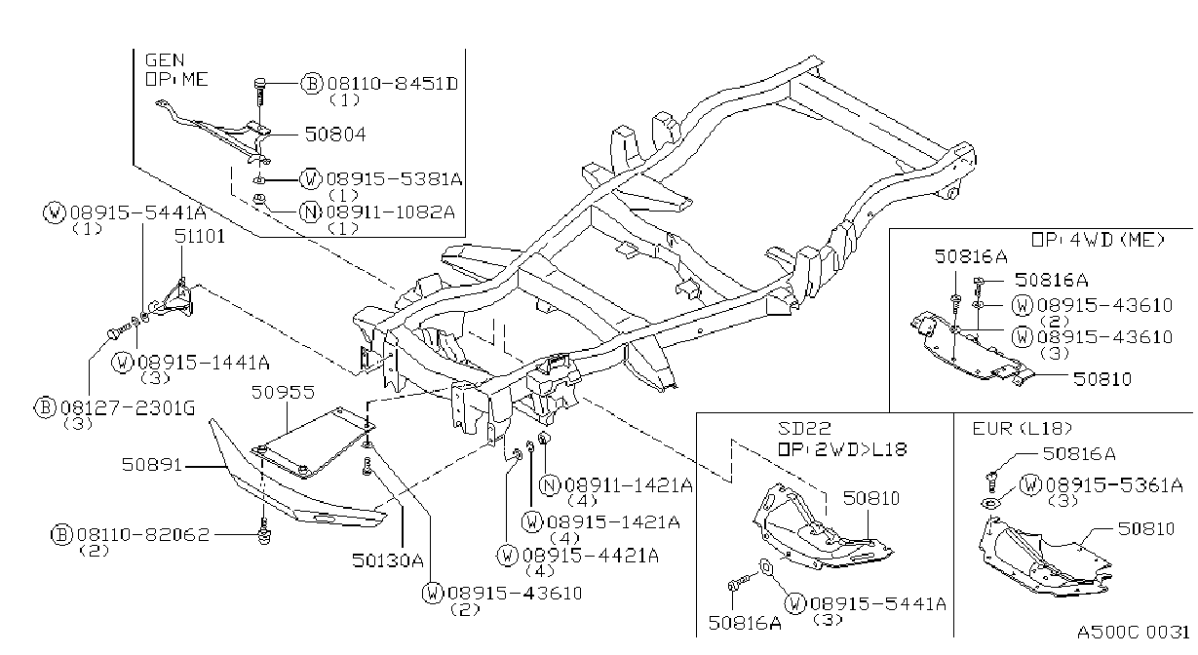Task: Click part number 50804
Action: pyautogui.click(x=335, y=135)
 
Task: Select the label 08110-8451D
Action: pyautogui.click(x=393, y=84)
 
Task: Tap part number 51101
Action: pyautogui.click(x=200, y=236)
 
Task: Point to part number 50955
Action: pyautogui.click(x=283, y=393)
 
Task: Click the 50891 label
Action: pyautogui.click(x=152, y=464)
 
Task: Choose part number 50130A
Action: pyautogui.click(x=388, y=560)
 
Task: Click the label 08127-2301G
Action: pyautogui.click(x=128, y=408)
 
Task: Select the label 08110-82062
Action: pyautogui.click(x=143, y=535)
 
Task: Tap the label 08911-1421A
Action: pyautogui.click(x=629, y=485)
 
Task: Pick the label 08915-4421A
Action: pyautogui.click(x=591, y=557)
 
